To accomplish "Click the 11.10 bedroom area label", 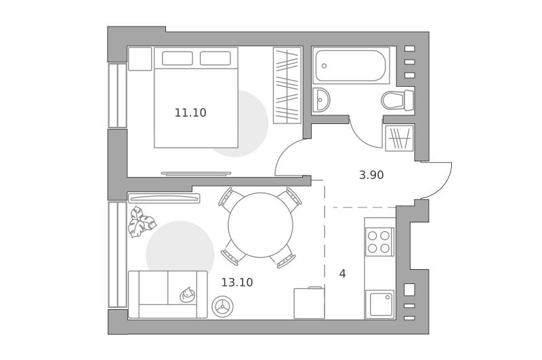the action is point(190,113).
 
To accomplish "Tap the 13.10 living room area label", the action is point(237,283).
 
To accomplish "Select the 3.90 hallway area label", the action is point(371,175).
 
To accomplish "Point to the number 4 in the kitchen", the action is point(342,274).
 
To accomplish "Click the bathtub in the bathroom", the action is point(350,66).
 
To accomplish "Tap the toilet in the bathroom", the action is point(398,100).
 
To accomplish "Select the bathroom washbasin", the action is point(321,100).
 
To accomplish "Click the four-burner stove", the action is point(379,242).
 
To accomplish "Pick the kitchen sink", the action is point(380,304).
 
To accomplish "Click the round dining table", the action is point(261,225).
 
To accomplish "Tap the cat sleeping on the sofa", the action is point(188,295).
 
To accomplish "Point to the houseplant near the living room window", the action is point(141,221).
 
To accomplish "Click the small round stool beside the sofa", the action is point(223,306).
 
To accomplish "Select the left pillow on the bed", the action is point(178,58).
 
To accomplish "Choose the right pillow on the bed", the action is point(215,58).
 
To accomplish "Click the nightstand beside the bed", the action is point(140,59).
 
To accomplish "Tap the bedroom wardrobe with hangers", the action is point(287,85).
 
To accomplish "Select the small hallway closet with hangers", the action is point(400,138).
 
